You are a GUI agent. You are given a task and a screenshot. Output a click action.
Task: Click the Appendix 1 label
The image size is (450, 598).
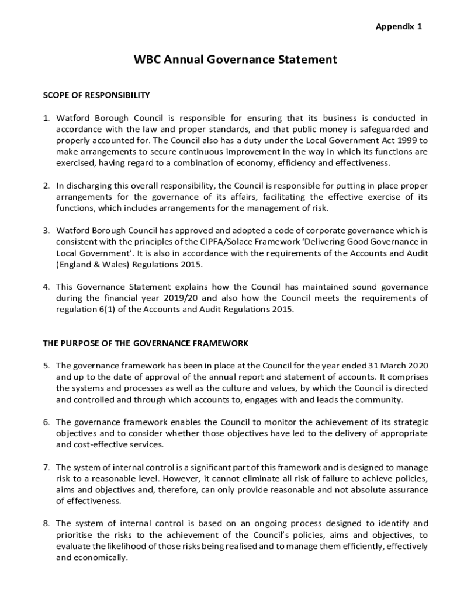coord(399,27)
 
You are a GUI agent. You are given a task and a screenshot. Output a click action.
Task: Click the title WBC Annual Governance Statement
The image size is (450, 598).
coord(236,60)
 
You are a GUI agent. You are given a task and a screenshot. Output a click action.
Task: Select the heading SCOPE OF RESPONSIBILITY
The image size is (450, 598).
coord(96,95)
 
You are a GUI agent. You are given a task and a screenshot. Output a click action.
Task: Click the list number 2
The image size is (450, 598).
coord(46,186)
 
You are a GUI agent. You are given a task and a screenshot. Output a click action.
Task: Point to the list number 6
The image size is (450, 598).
coord(46,422)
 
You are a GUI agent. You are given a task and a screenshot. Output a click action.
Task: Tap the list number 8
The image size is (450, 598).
coord(46,523)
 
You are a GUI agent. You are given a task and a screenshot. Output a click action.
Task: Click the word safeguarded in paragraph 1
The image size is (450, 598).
coord(389,130)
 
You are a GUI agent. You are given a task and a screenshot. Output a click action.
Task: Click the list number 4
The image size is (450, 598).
coord(46,287)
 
